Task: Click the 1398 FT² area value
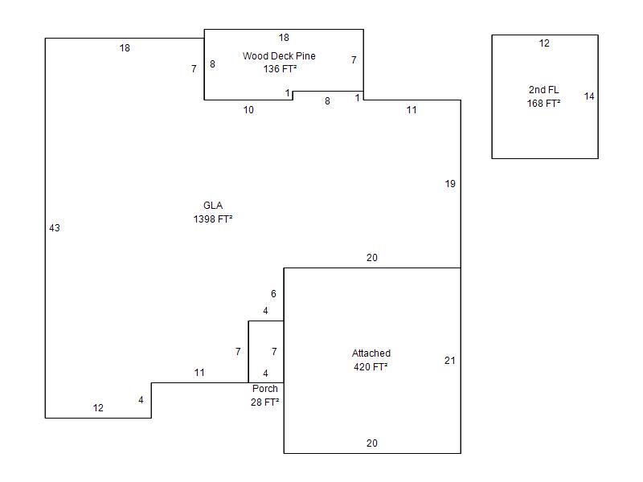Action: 213,219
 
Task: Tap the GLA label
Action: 213,206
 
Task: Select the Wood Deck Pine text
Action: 279,56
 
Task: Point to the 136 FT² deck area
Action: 280,69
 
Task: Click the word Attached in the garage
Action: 371,353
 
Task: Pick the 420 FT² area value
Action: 371,367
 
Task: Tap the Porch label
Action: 264,389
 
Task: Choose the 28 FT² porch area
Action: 264,402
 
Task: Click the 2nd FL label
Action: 543,90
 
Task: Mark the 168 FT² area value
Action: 543,104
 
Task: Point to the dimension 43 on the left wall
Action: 55,228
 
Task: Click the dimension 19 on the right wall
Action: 450,184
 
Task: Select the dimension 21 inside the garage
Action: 449,361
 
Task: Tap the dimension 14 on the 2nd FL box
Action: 589,96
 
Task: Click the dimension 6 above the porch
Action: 273,294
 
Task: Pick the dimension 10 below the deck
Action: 248,110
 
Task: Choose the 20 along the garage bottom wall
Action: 372,443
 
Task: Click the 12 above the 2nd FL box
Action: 544,43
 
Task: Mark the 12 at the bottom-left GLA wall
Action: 98,408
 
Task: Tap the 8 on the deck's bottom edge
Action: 327,101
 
